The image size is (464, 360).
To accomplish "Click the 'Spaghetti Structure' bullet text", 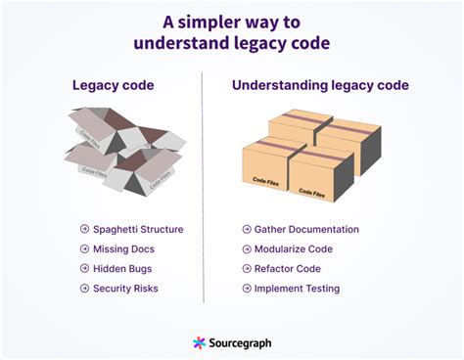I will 138,230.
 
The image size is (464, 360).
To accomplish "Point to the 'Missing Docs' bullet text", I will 123,249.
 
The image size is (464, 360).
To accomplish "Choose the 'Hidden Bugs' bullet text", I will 121,269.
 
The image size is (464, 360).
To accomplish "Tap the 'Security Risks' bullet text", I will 125,289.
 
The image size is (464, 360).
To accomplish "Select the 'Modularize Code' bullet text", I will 293,249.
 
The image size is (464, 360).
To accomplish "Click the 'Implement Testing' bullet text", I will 297,289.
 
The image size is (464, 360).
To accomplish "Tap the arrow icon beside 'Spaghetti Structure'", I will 85,230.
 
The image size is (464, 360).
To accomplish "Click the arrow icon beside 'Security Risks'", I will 85,289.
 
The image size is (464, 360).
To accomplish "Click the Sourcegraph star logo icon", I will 200,343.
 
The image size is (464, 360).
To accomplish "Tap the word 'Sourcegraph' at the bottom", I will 241,343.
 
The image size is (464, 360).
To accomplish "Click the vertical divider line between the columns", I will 203,186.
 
